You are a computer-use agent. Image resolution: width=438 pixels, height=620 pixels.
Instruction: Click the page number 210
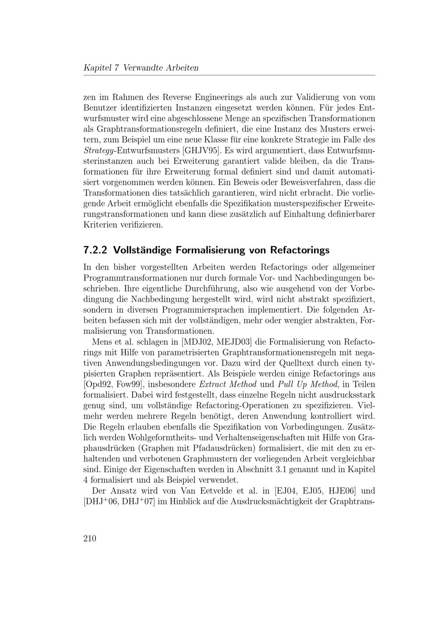point(89,538)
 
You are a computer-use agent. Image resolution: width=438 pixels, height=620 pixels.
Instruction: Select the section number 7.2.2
point(95,250)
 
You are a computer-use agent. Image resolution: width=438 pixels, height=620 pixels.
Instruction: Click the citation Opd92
point(98,385)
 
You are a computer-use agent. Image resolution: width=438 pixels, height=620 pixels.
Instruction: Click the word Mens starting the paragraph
point(102,342)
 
